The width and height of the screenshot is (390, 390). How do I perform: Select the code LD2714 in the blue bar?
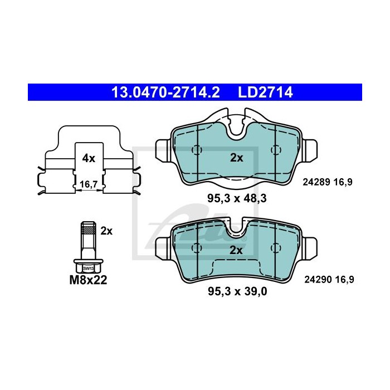pyautogui.click(x=265, y=92)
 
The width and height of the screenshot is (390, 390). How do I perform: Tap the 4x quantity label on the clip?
pyautogui.click(x=89, y=158)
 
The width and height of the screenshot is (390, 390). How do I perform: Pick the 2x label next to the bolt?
pyautogui.click(x=106, y=231)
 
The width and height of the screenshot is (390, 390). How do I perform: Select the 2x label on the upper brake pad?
pyautogui.click(x=237, y=158)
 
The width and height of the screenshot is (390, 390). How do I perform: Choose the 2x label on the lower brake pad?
pyautogui.click(x=237, y=251)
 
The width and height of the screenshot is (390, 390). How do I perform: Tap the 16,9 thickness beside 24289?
pyautogui.click(x=344, y=182)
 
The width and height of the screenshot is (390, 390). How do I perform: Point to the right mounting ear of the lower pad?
pyautogui.click(x=310, y=243)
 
